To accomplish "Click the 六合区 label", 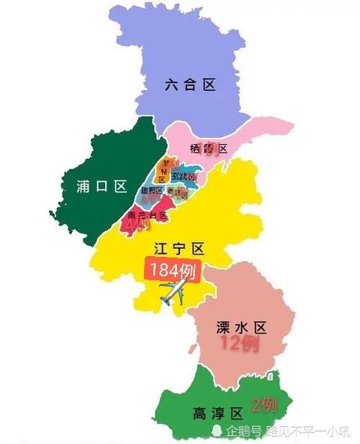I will [190, 85].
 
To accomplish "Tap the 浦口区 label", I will [102, 186].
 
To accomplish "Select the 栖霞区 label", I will [208, 149].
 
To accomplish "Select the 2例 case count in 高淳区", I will [264, 404].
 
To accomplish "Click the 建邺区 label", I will [152, 190].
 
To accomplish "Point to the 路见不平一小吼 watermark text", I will [306, 431].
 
